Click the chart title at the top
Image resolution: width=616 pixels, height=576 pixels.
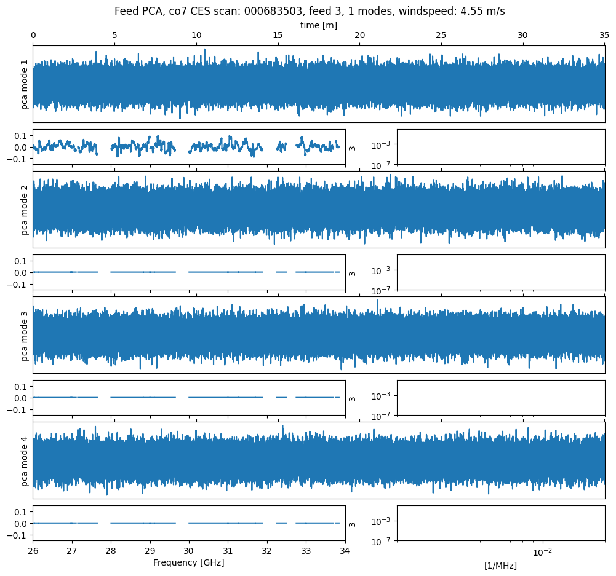click(x=310, y=11)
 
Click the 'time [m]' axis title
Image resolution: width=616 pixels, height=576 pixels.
click(x=318, y=25)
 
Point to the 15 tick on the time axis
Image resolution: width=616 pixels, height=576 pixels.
click(x=278, y=36)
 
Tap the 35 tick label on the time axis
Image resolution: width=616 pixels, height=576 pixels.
click(x=604, y=36)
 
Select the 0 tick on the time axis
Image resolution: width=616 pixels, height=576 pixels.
click(x=33, y=36)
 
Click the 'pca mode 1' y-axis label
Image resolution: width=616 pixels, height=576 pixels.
click(x=25, y=84)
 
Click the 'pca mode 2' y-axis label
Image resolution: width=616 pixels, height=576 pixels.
click(x=25, y=210)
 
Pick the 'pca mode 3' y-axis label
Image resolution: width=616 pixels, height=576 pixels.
click(x=25, y=336)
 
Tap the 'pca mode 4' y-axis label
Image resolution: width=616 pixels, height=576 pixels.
click(x=25, y=461)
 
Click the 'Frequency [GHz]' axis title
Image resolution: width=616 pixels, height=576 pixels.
click(x=188, y=562)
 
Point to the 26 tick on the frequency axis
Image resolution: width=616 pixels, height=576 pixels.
click(x=33, y=551)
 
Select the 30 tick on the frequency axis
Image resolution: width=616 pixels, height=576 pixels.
click(x=189, y=551)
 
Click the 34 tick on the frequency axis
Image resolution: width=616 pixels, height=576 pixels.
click(x=345, y=551)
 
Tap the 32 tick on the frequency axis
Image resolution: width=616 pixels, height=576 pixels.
click(x=267, y=551)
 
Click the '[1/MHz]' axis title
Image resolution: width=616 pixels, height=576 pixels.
click(x=500, y=566)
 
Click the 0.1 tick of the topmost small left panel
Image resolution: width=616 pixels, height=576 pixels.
click(x=21, y=135)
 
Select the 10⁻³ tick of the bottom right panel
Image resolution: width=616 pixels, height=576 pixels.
click(x=382, y=521)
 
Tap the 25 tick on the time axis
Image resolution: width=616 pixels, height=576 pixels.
click(x=441, y=36)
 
